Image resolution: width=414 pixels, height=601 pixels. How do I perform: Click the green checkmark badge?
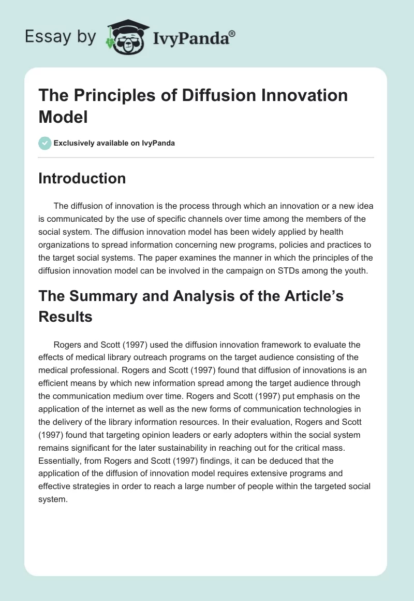pos(45,143)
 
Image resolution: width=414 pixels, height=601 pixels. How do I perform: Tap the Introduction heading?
pos(82,178)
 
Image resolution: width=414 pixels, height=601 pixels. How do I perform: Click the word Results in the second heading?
pos(66,316)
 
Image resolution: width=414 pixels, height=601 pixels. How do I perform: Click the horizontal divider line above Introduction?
pos(206,157)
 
